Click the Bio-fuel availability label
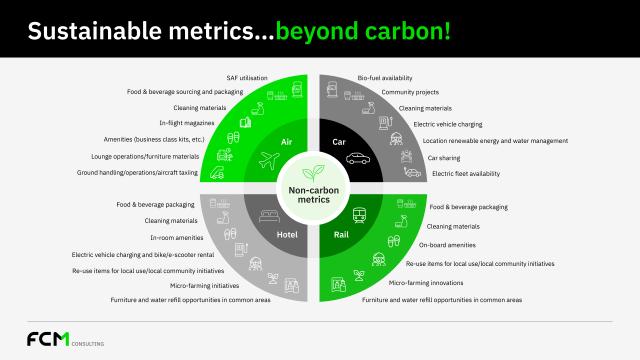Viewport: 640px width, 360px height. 385,77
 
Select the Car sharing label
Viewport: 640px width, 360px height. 447,157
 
